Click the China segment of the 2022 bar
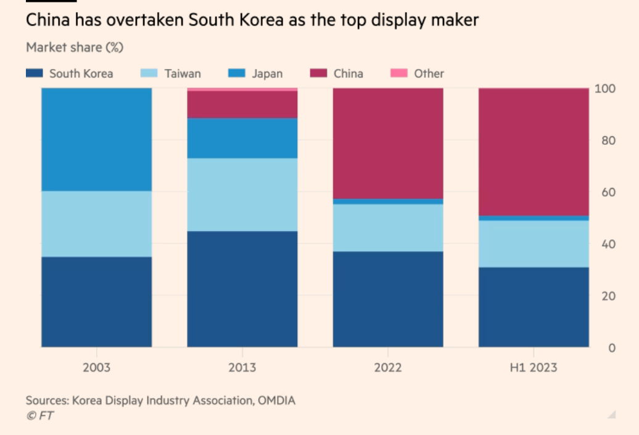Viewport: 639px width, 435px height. pos(388,143)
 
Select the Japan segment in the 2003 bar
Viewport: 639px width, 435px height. pos(97,139)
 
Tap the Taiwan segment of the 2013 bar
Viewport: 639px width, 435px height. pos(242,195)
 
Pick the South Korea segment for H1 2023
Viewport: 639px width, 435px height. pos(534,307)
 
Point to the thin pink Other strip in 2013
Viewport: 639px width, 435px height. pos(242,89)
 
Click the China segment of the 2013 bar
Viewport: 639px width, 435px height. pos(242,105)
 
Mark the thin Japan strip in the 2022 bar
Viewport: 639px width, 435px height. pos(388,201)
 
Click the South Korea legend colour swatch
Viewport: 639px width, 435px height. pos(34,73)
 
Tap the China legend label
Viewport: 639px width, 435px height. pos(348,73)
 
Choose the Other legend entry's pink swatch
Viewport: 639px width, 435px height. pos(399,73)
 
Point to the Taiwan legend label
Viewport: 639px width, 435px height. pos(183,73)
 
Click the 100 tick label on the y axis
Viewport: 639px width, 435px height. pos(606,89)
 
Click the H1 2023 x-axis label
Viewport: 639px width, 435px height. pos(534,368)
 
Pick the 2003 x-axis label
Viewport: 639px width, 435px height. pos(97,368)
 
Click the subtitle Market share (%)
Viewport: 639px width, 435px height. pos(75,47)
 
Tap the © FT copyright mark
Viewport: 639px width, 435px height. pos(39,416)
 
